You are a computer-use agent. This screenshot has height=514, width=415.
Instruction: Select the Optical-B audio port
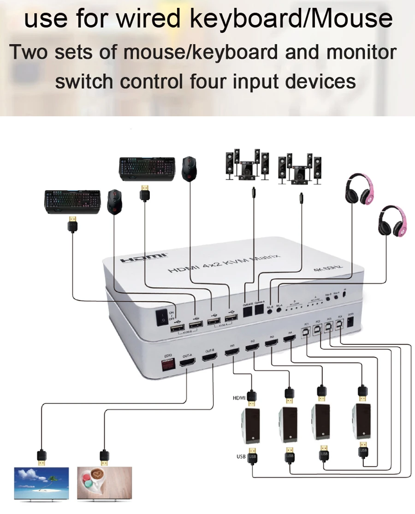point(248,311)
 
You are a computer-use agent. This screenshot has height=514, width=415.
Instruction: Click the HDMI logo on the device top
point(143,258)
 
